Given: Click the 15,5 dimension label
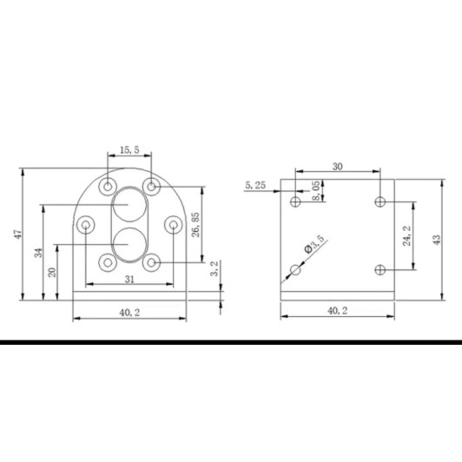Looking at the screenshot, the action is [x=129, y=150].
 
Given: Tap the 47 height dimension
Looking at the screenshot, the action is [x=18, y=234].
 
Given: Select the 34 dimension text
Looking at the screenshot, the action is [x=38, y=253].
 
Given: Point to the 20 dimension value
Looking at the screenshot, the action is [x=52, y=272].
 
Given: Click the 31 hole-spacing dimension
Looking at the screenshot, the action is [x=129, y=279].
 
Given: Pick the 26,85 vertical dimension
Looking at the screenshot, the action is [x=195, y=225].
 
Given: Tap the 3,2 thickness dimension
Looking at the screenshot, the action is [x=214, y=268].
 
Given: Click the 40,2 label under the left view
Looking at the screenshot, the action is [x=129, y=313].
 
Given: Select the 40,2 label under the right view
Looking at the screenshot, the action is [x=337, y=311].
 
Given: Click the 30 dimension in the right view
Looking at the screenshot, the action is [x=338, y=167].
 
